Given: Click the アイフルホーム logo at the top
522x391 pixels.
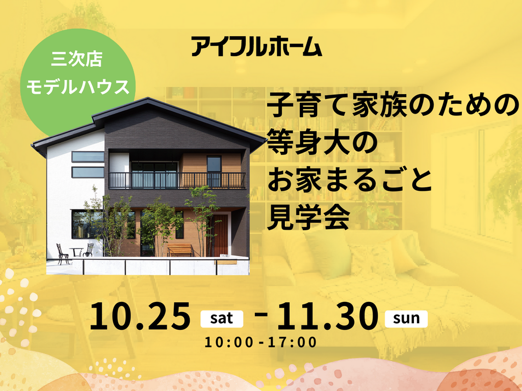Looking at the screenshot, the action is [x=257, y=47].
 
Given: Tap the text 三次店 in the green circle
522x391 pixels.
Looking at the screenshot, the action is [x=77, y=60].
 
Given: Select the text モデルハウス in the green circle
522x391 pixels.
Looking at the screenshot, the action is [x=77, y=87].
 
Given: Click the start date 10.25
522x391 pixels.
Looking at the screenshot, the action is [x=140, y=316].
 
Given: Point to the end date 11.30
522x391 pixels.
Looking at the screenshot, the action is [x=328, y=316].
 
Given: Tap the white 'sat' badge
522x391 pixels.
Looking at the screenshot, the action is [x=222, y=319].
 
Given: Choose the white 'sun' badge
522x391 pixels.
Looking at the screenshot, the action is [x=406, y=319].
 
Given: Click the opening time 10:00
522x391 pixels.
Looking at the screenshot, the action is [x=229, y=343].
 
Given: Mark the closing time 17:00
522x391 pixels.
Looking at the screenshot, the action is [x=292, y=343].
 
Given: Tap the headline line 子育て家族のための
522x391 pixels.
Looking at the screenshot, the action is [x=393, y=105].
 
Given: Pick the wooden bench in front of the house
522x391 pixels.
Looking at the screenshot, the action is [x=180, y=250].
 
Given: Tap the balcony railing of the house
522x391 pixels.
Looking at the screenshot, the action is [x=177, y=181].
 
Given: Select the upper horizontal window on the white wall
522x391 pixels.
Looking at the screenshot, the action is [x=88, y=157].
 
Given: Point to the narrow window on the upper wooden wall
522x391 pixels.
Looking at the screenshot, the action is [x=214, y=171].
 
